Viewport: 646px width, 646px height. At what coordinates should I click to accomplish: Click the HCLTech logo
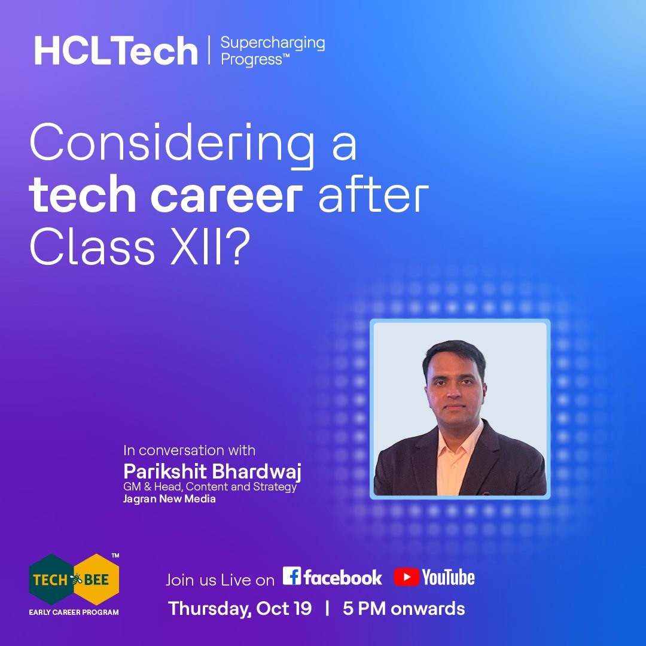(115, 51)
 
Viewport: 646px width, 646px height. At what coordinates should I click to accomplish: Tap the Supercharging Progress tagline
(272, 51)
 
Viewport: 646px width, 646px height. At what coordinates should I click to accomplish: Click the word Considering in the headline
(172, 145)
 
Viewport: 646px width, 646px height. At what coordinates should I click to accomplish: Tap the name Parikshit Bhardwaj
(212, 471)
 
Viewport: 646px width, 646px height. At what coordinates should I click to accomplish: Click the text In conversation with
(189, 450)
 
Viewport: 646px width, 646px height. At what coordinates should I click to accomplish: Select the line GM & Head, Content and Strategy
(210, 487)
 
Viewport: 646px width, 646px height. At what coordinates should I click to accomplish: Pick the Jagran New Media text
(169, 499)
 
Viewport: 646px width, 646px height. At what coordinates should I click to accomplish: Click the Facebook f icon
(292, 576)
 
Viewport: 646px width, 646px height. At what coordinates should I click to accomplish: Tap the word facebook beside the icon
(343, 577)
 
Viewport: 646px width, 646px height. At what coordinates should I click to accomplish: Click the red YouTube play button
(406, 577)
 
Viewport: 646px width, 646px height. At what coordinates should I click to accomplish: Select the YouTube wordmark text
(448, 578)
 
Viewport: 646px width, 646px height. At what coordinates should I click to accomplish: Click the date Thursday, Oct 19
(240, 609)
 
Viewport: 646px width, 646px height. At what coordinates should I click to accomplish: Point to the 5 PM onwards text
(404, 609)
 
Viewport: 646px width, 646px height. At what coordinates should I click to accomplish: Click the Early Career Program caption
(74, 612)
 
